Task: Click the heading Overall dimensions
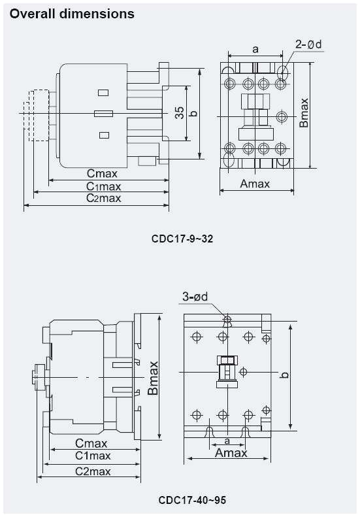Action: (x=72, y=13)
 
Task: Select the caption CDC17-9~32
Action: (x=182, y=239)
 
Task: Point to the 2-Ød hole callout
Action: (x=309, y=44)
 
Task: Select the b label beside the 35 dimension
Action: (x=193, y=113)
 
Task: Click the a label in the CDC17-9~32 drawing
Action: (x=255, y=49)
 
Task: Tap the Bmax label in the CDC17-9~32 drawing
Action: (x=304, y=112)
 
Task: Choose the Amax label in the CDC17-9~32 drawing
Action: (x=255, y=184)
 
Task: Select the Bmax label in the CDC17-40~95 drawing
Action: (x=153, y=378)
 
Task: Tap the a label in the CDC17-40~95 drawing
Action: (x=227, y=442)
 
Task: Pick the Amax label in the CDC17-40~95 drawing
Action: (x=231, y=453)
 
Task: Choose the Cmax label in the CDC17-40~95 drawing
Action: (x=91, y=444)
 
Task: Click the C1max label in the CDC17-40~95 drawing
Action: (x=92, y=456)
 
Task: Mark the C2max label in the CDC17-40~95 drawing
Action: (x=92, y=471)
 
